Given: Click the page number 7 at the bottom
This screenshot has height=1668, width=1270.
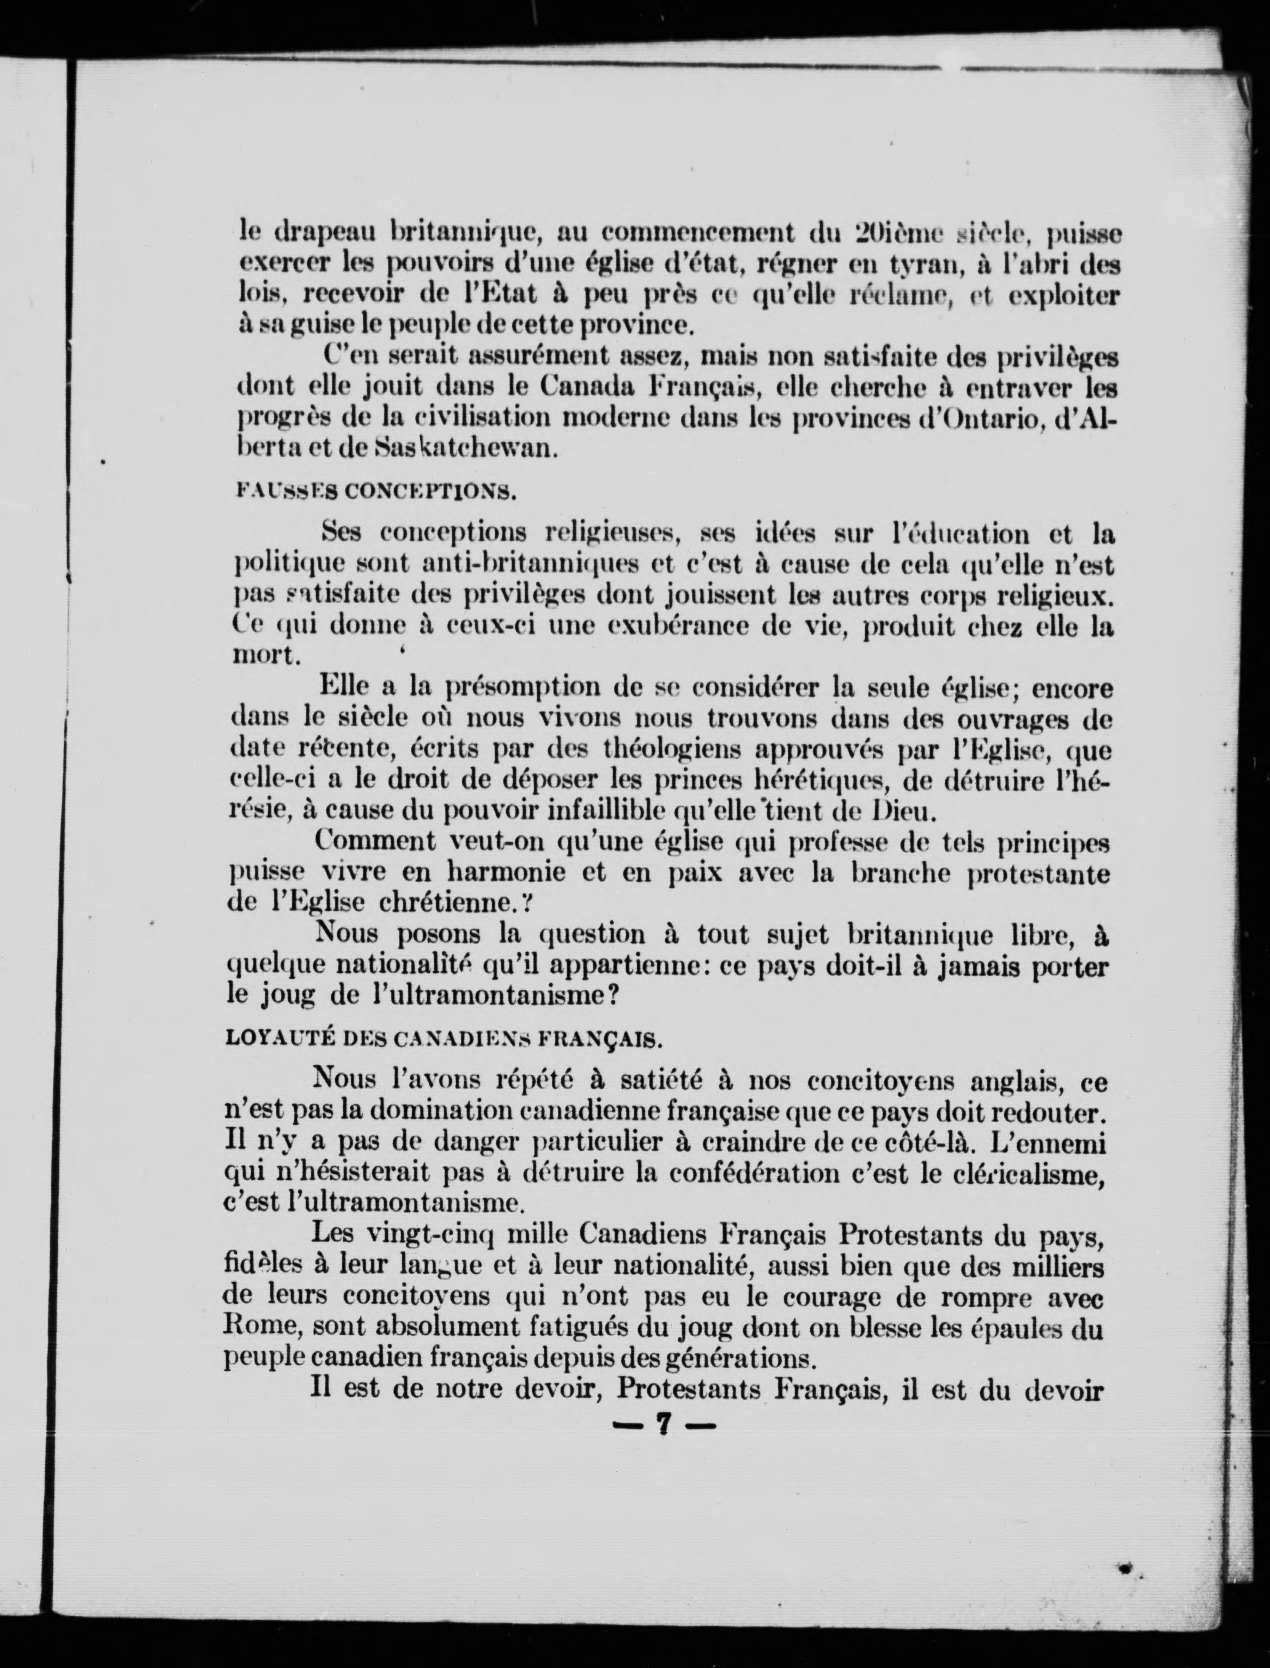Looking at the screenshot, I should click(x=663, y=1424).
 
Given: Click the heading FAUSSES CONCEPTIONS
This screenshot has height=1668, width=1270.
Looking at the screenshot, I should click(x=376, y=493).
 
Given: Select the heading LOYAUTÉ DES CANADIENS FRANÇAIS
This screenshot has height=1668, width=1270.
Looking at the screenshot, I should click(x=445, y=1039).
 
